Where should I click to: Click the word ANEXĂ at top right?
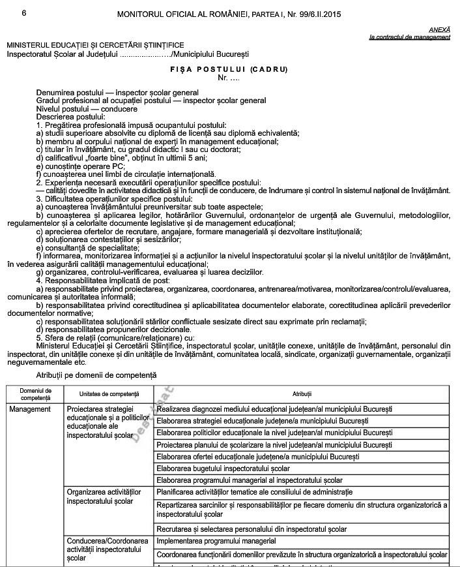tap(439, 30)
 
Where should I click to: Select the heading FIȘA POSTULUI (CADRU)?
tap(229, 69)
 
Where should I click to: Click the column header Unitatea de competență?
tap(109, 394)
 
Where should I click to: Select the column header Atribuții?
tap(302, 394)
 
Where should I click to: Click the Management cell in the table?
tap(30, 409)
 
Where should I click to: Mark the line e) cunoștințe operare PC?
tap(80, 166)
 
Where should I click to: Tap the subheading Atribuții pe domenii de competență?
tap(96, 376)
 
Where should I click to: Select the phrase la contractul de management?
tap(409, 37)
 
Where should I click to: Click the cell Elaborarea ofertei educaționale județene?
tap(258, 457)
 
